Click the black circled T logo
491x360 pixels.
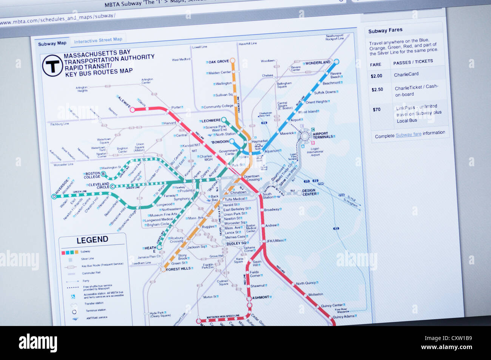[x=52, y=66]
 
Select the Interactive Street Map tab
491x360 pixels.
[x=98, y=40]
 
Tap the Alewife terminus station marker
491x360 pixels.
[x=132, y=110]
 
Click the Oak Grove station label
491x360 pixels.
[x=219, y=61]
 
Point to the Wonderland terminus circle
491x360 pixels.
[x=337, y=62]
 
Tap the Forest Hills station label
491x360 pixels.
[x=178, y=269]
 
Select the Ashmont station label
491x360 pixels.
[x=261, y=297]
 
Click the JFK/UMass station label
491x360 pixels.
[x=275, y=241]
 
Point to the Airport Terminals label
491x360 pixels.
[x=323, y=135]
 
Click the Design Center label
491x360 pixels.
[x=309, y=192]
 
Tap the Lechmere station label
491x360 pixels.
[x=211, y=121]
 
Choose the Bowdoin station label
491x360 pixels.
[x=221, y=142]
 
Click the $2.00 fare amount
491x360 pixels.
[x=377, y=76]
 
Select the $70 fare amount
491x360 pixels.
[x=377, y=110]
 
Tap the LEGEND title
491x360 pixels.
[x=92, y=240]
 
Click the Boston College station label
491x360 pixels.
[x=92, y=175]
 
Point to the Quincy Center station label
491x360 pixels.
[x=332, y=305]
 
